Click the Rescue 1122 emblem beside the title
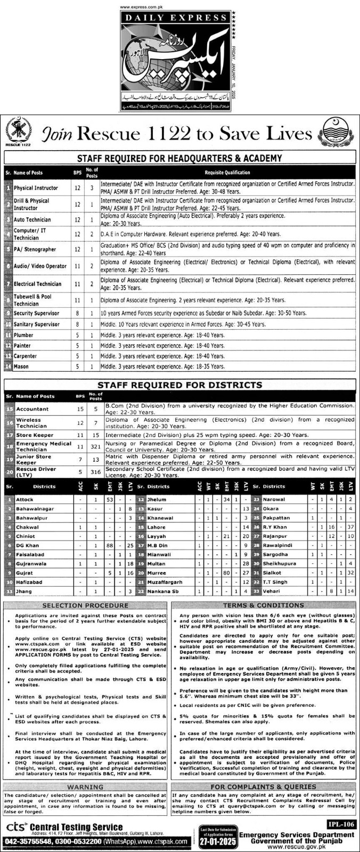19,132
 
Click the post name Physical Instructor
36,188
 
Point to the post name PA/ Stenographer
35,249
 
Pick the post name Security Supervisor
37,314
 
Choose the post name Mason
21,366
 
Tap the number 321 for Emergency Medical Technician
96,446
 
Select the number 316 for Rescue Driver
96,471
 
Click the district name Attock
24,499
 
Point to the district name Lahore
157,527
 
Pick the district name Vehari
271,591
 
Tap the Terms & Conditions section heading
264,605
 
